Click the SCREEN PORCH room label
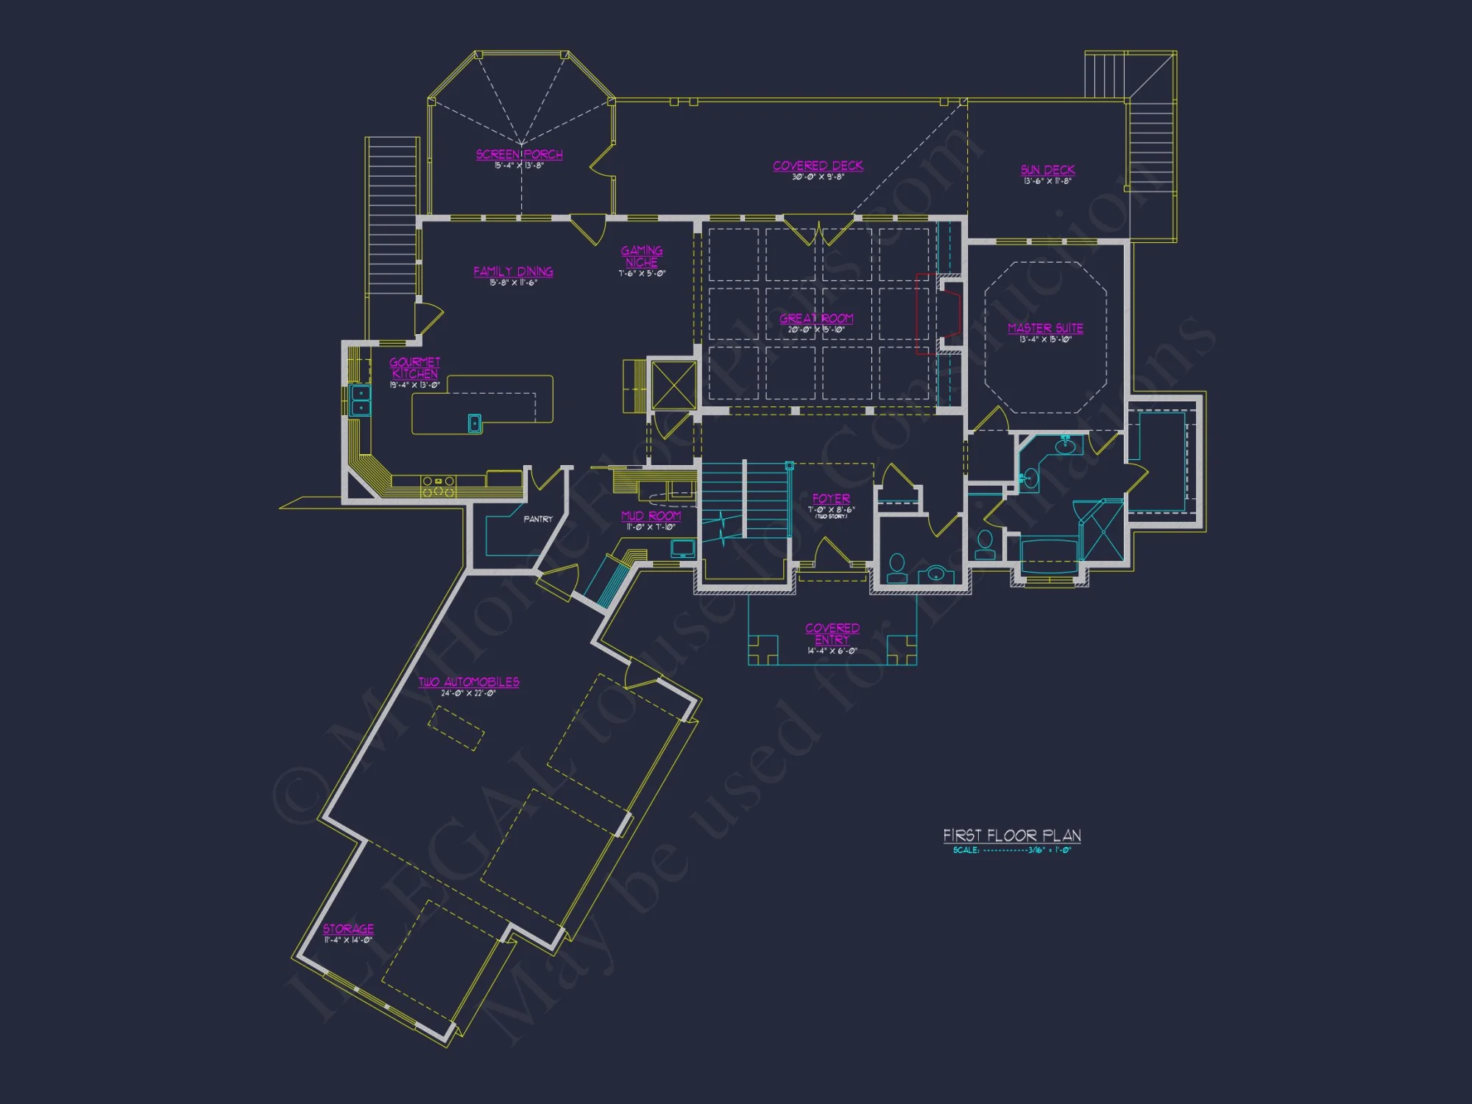(519, 155)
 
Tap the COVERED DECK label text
(818, 166)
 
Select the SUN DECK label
(1047, 170)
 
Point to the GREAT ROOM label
(816, 319)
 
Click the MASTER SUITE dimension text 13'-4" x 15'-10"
(1045, 339)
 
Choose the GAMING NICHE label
(642, 257)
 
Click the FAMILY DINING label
(513, 272)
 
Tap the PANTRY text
(538, 519)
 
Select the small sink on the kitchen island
(475, 423)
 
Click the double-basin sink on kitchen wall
(361, 400)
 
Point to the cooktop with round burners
(438, 485)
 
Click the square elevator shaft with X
(673, 384)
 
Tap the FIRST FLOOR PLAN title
(1012, 835)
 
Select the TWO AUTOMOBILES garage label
(469, 682)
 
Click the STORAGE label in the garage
(348, 929)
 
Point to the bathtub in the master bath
(1048, 556)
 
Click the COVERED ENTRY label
(832, 634)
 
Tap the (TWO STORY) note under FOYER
(832, 517)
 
